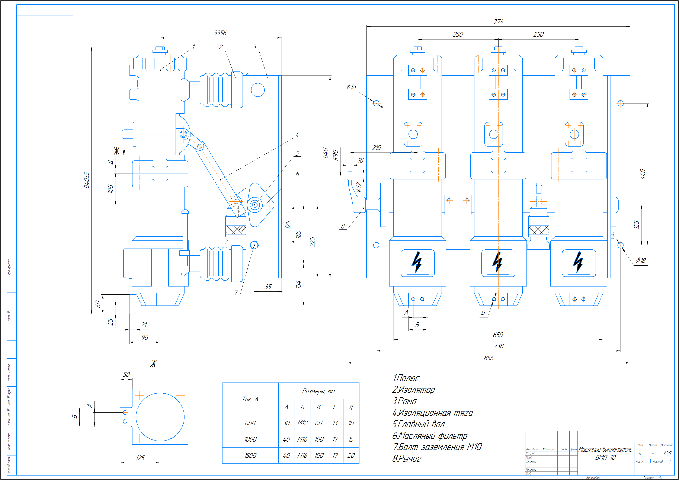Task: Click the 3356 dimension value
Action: (220, 33)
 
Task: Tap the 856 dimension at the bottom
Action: (489, 358)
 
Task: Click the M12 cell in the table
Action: (302, 423)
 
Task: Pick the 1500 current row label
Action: (250, 455)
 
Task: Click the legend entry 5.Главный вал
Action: (419, 424)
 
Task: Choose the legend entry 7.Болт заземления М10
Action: (437, 447)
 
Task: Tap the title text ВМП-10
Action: (605, 458)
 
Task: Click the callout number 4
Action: (297, 135)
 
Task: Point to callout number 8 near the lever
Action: (343, 226)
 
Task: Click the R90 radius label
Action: (335, 155)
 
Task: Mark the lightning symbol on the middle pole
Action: (498, 262)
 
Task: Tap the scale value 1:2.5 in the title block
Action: (667, 453)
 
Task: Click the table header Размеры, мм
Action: (318, 391)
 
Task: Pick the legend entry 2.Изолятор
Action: (413, 390)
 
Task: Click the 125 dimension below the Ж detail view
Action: (140, 458)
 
